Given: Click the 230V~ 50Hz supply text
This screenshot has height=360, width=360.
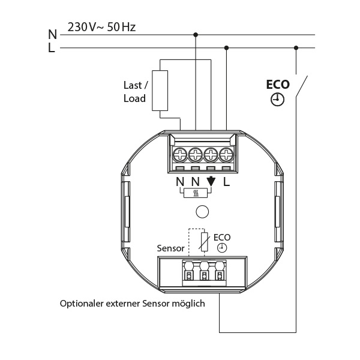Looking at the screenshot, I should (102, 28).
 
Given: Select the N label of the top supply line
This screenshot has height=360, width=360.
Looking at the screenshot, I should (52, 35).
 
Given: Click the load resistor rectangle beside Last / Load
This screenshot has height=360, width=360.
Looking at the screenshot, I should (160, 90).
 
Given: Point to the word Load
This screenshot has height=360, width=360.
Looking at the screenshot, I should (134, 98).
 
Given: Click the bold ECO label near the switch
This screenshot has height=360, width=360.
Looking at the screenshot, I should (277, 85).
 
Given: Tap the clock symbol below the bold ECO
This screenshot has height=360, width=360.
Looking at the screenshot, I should (277, 100).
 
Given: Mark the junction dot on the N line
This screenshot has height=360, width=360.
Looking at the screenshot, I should (196, 35).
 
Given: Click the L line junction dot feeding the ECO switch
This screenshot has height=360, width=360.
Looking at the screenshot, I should (295, 48).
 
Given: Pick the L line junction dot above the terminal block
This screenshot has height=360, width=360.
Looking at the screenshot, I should (226, 48).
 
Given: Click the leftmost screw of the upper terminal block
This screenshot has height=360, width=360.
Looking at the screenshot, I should (181, 155).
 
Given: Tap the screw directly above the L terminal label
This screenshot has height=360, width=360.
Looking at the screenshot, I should (226, 155).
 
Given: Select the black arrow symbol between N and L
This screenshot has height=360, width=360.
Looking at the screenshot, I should (211, 181).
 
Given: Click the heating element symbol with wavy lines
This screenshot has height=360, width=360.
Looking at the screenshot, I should (195, 193).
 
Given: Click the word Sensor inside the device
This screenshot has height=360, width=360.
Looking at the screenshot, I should (170, 247).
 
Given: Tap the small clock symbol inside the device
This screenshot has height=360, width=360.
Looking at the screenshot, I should (222, 247).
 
